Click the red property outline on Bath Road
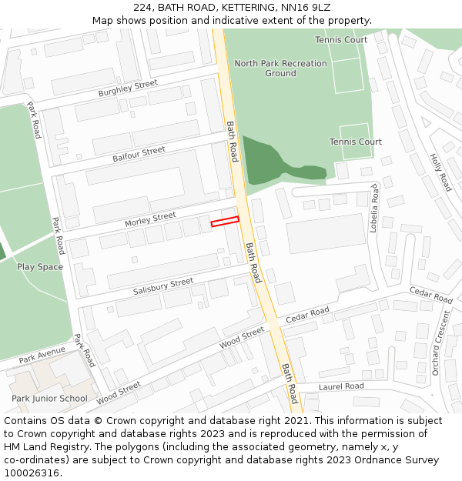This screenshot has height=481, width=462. click(225, 222)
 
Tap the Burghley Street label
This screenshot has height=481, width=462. click(128, 89)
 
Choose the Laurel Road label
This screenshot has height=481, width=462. click(341, 386)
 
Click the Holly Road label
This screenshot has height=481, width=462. click(440, 172)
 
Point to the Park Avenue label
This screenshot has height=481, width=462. click(42, 355)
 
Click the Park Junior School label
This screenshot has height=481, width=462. click(49, 399)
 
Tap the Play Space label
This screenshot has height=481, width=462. click(40, 267)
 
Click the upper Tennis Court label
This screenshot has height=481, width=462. click(341, 39)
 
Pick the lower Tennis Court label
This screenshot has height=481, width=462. click(356, 142)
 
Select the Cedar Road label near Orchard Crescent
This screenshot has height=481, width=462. click(431, 295)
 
